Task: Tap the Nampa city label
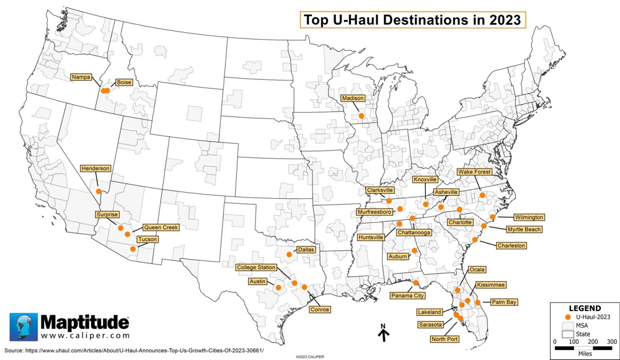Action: point(80,77)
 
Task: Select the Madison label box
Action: point(352,99)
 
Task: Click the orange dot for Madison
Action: point(361,115)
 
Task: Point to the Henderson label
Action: point(96,169)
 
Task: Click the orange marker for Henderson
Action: point(99,191)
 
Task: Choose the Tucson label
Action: point(148,239)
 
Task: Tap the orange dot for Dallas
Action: point(289,254)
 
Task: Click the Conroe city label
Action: point(319,309)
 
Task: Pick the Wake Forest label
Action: point(475,172)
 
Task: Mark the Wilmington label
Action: point(529,217)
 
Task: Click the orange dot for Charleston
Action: point(475,240)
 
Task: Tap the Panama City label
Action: point(407,296)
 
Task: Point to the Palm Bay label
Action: point(503,302)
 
